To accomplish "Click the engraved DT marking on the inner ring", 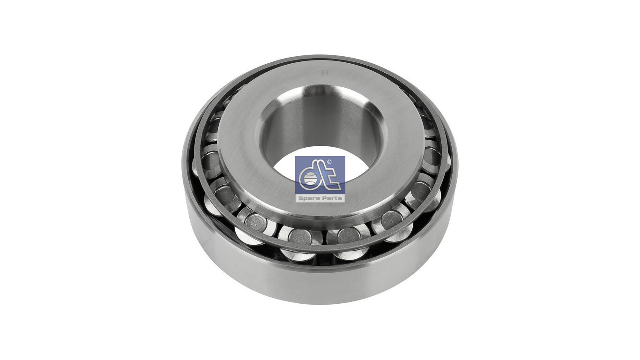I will (324, 73).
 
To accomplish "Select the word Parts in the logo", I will (332, 198).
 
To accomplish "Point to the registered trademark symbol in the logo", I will (329, 162).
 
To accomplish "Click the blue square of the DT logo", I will (320, 175).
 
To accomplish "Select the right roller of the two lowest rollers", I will (349, 236).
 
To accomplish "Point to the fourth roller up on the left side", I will (212, 162).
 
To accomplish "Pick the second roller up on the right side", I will (391, 220).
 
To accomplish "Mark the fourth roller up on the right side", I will (432, 156).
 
